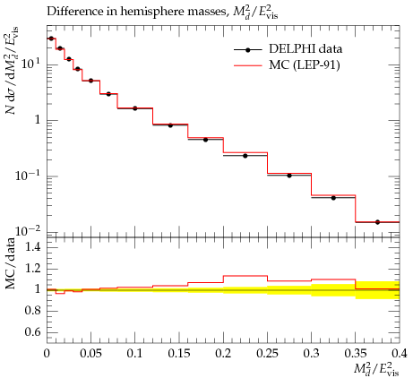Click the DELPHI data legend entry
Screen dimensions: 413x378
(288, 49)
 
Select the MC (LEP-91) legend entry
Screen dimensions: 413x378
(287, 65)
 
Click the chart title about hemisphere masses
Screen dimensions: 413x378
(162, 12)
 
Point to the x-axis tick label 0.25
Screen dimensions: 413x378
(267, 354)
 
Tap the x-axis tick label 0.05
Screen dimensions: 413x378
(90, 354)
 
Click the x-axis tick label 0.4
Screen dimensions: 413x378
(400, 354)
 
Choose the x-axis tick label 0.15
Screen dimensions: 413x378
(179, 354)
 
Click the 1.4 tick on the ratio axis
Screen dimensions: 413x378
(33, 248)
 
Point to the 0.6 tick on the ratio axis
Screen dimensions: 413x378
(33, 332)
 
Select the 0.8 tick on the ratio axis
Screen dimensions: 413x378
(33, 311)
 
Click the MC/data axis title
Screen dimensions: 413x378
(10, 263)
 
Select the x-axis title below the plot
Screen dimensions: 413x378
(376, 369)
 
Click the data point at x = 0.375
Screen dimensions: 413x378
(377, 222)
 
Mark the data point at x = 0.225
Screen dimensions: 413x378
(245, 156)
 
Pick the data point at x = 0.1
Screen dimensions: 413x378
(135, 108)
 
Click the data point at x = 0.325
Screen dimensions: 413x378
(333, 198)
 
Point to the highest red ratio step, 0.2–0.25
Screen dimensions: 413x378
(245, 276)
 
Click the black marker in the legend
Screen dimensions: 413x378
(247, 49)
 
